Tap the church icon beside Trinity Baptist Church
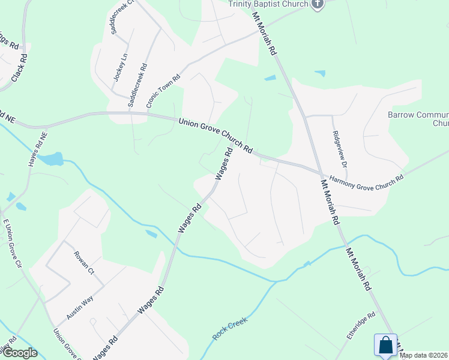(318, 4)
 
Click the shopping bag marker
(385, 346)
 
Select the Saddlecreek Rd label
(136, 86)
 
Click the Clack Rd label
(19, 67)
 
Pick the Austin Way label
(80, 307)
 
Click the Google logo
(19, 353)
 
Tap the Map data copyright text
(424, 355)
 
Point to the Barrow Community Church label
(418, 118)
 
